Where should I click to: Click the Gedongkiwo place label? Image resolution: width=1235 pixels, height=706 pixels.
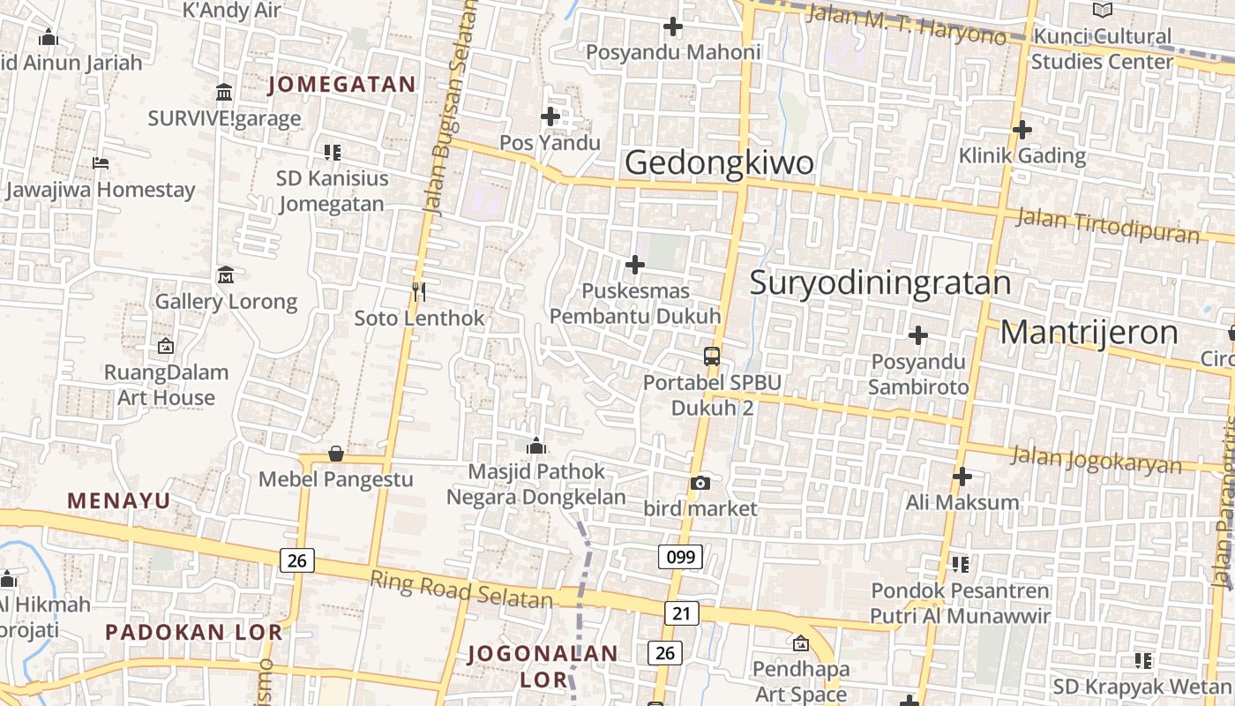[x=719, y=163]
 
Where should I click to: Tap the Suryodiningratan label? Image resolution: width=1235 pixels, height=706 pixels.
[x=879, y=282]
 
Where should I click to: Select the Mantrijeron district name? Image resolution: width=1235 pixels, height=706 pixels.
[x=1089, y=333]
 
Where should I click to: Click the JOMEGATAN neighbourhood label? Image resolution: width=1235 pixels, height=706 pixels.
[x=342, y=84]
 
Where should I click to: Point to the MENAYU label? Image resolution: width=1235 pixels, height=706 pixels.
[x=118, y=500]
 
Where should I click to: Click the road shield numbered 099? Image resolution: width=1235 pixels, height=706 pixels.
[x=680, y=556]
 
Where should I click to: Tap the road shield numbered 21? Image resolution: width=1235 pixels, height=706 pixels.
[x=680, y=612]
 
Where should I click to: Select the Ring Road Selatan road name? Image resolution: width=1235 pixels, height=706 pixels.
[x=460, y=590]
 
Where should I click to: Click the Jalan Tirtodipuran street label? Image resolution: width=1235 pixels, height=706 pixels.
[x=1108, y=225]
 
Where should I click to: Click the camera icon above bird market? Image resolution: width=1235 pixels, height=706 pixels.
[x=700, y=483]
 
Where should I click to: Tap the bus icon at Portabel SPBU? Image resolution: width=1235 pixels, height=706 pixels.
[x=712, y=357]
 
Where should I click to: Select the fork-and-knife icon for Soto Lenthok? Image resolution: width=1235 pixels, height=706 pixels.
[x=419, y=291]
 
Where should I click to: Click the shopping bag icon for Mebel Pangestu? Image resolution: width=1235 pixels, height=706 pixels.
[x=335, y=454]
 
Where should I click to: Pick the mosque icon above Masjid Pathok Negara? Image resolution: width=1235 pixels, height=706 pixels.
[x=535, y=446]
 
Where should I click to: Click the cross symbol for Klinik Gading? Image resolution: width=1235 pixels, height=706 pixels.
[x=1022, y=130]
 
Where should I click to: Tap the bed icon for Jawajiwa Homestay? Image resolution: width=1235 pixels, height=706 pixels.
[x=101, y=163]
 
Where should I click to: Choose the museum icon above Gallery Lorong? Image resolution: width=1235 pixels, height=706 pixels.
[x=225, y=274]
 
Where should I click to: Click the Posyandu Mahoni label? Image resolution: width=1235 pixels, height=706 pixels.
[x=673, y=52]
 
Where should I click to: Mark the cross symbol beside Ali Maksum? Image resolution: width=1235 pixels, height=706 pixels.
[x=962, y=477]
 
